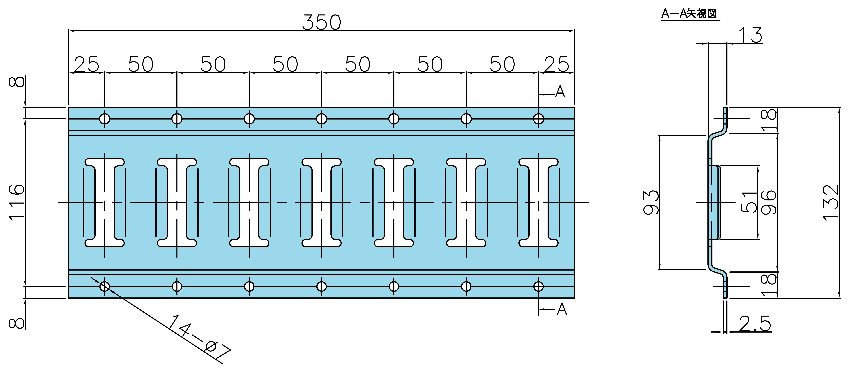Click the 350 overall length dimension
click(321, 23)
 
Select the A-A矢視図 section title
click(689, 14)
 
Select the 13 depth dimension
click(750, 35)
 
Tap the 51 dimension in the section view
click(749, 202)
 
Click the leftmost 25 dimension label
click(86, 64)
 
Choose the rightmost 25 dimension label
click(557, 64)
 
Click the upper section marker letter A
click(560, 92)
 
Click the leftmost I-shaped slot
click(105, 203)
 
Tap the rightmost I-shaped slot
click(538, 203)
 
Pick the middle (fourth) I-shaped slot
click(321, 203)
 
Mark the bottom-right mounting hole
click(538, 286)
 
